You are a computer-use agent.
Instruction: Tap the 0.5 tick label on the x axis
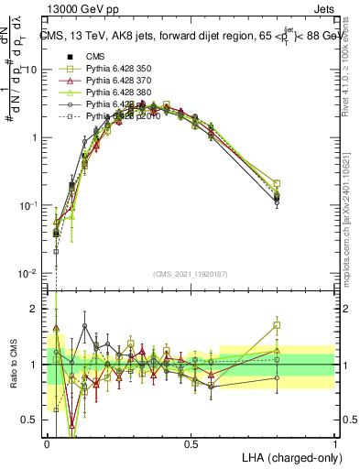[191, 444]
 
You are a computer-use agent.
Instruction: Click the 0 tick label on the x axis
[48, 444]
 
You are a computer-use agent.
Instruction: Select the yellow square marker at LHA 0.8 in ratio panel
[277, 325]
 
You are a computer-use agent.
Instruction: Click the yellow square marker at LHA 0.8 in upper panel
[277, 183]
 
